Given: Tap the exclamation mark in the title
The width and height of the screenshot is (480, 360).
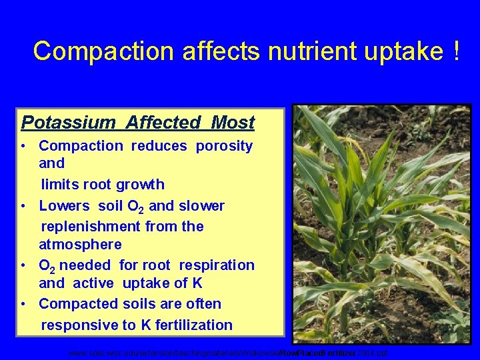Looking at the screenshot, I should click(x=455, y=51).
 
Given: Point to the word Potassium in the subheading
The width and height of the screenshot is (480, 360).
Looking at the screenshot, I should click(x=61, y=123).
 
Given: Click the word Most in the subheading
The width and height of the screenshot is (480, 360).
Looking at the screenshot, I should click(x=233, y=123).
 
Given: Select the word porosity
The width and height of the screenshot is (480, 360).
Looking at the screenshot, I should click(x=224, y=146).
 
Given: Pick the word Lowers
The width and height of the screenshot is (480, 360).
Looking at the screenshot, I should click(x=65, y=206).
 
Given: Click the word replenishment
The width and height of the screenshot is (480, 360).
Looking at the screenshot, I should click(x=93, y=227).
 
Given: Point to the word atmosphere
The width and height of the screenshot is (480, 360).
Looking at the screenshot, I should click(x=80, y=245).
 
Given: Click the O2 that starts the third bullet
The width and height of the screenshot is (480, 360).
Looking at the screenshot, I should click(x=47, y=266).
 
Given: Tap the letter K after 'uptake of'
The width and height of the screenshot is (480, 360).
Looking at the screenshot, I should click(x=197, y=283).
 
